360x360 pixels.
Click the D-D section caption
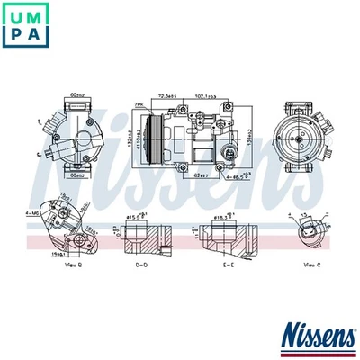click(142, 265)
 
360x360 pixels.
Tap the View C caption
click(311, 265)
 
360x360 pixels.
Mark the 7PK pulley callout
click(139, 105)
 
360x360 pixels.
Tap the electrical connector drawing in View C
click(309, 231)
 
